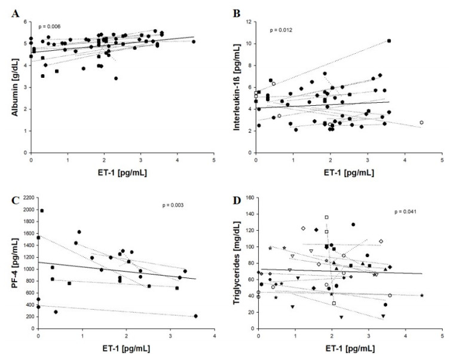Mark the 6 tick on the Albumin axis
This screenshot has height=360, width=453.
coord(25,22)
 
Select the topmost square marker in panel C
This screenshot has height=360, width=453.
coord(42,210)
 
